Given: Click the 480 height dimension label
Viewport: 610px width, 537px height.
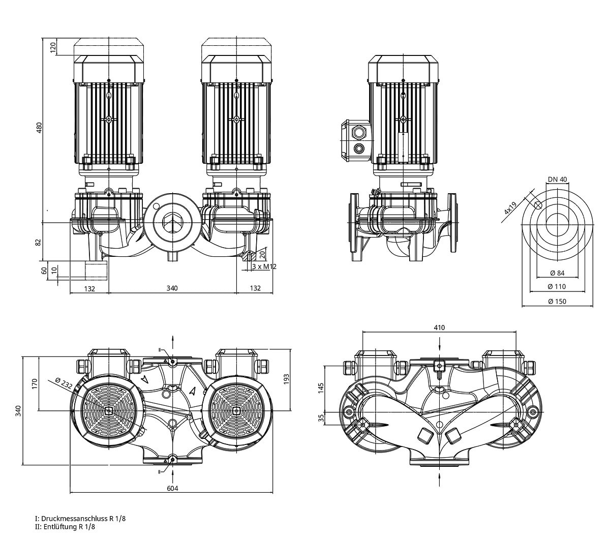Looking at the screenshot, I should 38,127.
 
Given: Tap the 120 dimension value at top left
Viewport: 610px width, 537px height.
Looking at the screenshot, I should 52,48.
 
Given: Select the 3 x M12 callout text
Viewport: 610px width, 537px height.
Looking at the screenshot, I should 264,266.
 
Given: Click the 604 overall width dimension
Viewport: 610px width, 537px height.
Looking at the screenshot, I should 172,488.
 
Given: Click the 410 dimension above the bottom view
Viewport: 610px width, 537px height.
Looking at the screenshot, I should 439,327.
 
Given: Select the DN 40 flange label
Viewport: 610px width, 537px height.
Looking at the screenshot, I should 558,180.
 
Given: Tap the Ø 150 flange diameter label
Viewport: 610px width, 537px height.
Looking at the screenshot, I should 557,301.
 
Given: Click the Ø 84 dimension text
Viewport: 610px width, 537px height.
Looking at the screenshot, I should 557,274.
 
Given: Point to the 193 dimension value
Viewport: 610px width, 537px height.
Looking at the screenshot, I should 286,379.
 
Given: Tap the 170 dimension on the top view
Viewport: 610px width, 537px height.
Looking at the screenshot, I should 34,383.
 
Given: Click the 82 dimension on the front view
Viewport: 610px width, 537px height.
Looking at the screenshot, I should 38,242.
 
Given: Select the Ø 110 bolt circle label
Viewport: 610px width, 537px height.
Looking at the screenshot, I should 557,287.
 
